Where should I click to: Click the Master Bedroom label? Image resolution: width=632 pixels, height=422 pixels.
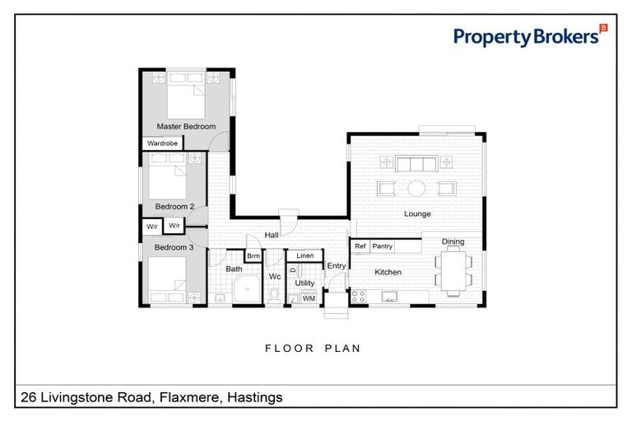[186, 126]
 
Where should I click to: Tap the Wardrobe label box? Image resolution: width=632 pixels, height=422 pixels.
[162, 143]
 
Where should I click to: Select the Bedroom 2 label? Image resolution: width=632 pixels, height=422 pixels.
[174, 206]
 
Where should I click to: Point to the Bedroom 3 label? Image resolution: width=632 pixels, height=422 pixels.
[174, 246]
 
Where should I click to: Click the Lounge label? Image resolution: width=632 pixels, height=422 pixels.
[417, 214]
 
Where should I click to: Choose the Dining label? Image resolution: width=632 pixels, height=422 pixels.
[453, 241]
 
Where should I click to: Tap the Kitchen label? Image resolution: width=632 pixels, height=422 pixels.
[388, 272]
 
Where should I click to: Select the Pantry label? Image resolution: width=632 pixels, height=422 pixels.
[382, 246]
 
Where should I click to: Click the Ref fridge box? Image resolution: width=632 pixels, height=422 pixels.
[360, 246]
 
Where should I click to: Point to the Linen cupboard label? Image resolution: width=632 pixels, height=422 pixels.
[305, 256]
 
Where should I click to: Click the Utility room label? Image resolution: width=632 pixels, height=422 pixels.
[305, 283]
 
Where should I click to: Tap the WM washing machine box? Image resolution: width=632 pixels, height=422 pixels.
[309, 298]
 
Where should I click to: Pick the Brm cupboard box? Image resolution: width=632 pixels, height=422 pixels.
[253, 256]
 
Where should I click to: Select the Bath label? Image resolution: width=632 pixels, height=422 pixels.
[235, 269]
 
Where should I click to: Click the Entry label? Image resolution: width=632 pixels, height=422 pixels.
[336, 265]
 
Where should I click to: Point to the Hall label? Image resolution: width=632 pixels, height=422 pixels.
[271, 235]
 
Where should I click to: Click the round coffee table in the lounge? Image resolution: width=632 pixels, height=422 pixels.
[417, 188]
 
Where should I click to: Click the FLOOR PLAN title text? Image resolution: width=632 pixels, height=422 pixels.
[313, 349]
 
